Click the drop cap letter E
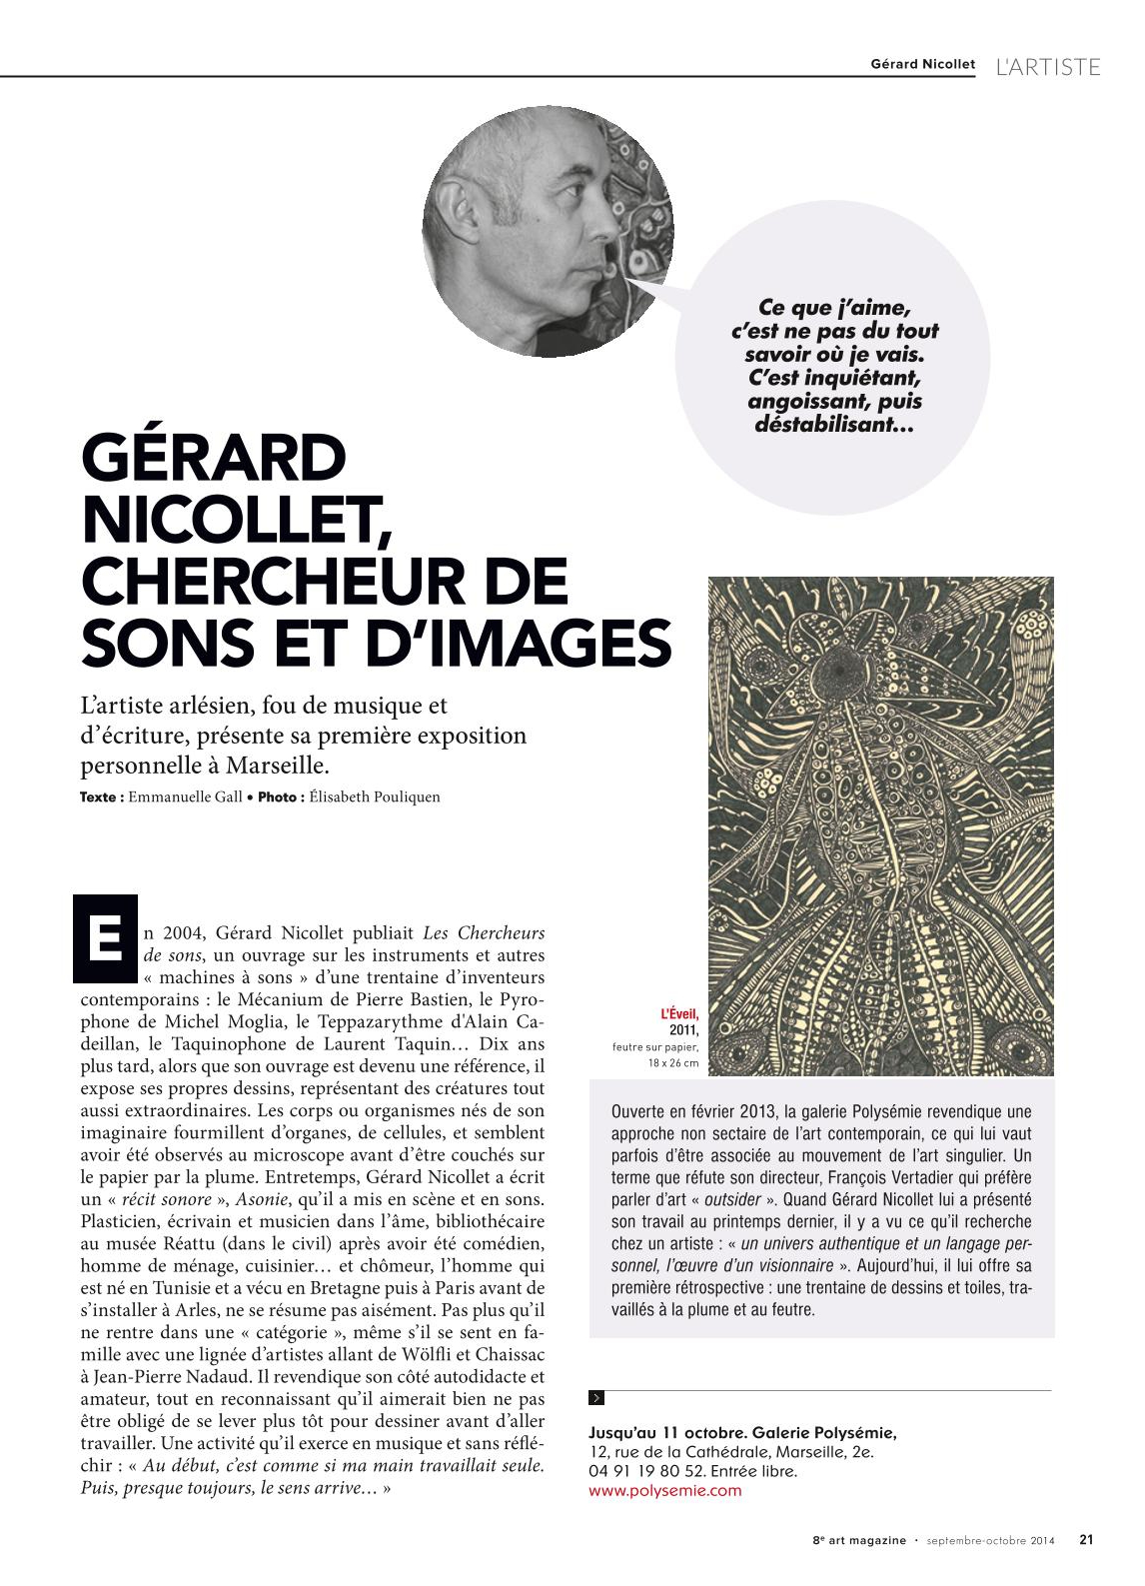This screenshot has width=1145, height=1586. point(105,939)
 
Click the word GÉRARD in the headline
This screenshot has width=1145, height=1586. point(214,460)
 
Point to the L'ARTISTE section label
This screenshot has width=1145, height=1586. point(1048,67)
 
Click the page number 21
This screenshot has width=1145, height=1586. point(1086,1540)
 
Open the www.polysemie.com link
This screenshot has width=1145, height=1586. point(664,1491)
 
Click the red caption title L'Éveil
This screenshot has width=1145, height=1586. point(679,1014)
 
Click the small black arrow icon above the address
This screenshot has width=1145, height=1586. point(596,1398)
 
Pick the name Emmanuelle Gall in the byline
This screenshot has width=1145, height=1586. point(185,797)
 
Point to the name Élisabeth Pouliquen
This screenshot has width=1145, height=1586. point(375,797)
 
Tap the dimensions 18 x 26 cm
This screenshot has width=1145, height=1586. point(673,1063)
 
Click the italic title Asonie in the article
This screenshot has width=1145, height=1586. point(262,1199)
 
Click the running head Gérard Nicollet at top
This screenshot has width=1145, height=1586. point(922,64)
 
